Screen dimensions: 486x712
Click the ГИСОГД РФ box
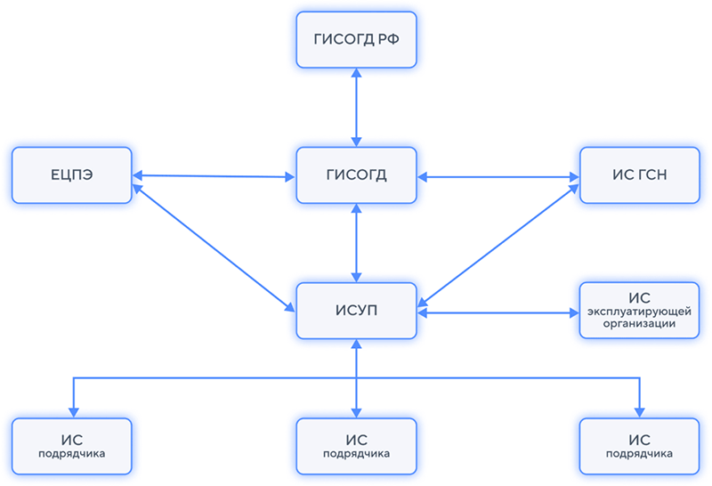(x=356, y=40)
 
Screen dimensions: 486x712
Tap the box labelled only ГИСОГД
(x=356, y=174)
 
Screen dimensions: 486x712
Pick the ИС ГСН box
(x=639, y=174)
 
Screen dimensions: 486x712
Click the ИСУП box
(x=356, y=311)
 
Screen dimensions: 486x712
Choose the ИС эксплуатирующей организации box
(x=639, y=311)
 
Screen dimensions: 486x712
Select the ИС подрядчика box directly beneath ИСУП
(x=356, y=446)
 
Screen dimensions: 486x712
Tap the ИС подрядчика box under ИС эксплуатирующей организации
(x=639, y=446)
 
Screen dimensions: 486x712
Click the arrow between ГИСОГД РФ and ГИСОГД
(x=356, y=108)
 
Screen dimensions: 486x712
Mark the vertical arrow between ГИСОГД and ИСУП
(x=356, y=243)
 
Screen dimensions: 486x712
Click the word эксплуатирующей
(x=639, y=312)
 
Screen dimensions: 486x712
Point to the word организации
(x=639, y=325)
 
